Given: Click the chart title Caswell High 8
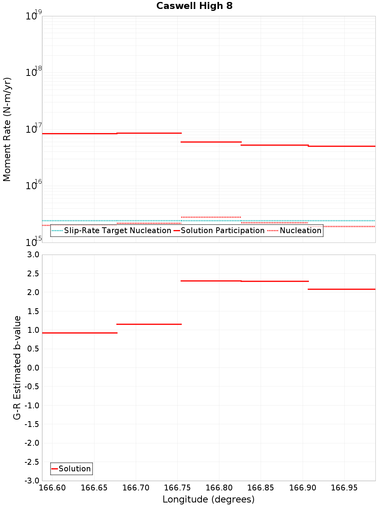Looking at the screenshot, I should [x=194, y=6].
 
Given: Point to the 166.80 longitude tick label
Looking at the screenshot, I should [x=219, y=488].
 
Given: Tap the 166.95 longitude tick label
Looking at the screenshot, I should [x=344, y=488].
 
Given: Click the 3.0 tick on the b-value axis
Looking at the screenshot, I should [x=32, y=255].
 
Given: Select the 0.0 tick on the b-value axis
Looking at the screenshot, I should [x=32, y=368].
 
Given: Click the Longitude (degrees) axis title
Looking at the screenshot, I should [x=209, y=499].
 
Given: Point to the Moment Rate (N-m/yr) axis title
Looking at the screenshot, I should [x=7, y=129].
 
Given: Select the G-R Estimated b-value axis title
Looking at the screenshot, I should [x=17, y=367].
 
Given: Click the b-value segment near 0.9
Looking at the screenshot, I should [x=79, y=333].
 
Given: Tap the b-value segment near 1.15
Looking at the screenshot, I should [x=149, y=324].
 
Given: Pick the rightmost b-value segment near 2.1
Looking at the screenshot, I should [x=342, y=289].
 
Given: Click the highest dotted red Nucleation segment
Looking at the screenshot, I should [x=211, y=217].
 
